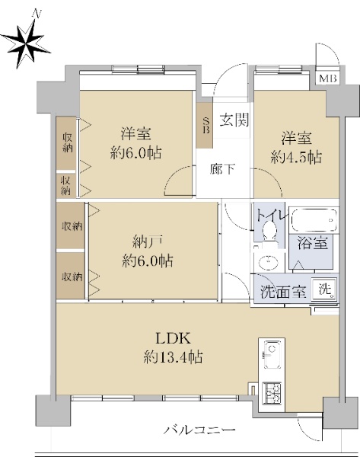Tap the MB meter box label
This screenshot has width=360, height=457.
coord(328,78)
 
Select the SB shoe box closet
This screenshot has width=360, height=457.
coord(205,126)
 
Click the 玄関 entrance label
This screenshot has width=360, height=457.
coord(234,120)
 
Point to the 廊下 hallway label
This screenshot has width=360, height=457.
coord(222,169)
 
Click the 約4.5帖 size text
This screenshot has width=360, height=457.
coord(296,158)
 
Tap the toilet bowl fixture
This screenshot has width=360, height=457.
coord(269,230)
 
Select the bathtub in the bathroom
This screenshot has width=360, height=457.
coord(314,219)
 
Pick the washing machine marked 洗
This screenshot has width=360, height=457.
coord(325,289)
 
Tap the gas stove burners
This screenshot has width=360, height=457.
coord(272,394)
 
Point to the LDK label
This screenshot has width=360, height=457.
coord(173,339)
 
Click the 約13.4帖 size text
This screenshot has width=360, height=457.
coord(173,356)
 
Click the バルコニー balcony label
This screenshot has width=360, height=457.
coord(200,430)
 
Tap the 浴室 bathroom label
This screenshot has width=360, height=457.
coord(313,242)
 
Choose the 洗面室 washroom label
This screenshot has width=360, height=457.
coord(283,292)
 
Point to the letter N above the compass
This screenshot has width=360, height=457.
coord(37,14)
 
